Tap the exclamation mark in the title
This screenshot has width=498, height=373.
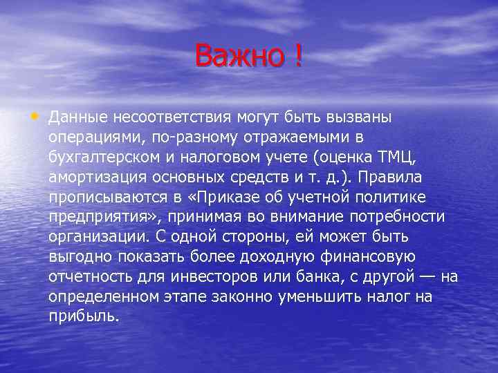pos(297,55)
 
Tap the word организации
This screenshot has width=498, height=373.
pos(92,237)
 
